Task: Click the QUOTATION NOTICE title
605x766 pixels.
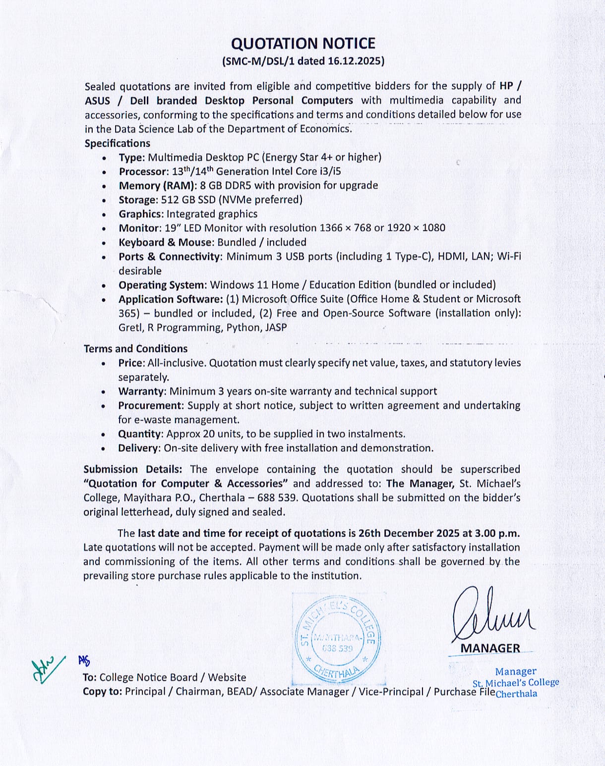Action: (x=303, y=44)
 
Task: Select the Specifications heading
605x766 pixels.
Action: (x=117, y=143)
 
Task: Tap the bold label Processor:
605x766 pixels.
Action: (x=144, y=171)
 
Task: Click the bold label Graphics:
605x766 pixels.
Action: (x=141, y=214)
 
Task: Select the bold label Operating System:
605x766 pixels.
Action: (x=162, y=285)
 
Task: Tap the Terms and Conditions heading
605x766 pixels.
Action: (x=135, y=349)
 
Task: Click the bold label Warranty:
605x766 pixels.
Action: (x=142, y=391)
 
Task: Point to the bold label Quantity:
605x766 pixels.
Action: (x=140, y=434)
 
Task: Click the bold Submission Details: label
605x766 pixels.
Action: (x=132, y=469)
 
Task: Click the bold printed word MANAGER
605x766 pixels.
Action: (x=490, y=648)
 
